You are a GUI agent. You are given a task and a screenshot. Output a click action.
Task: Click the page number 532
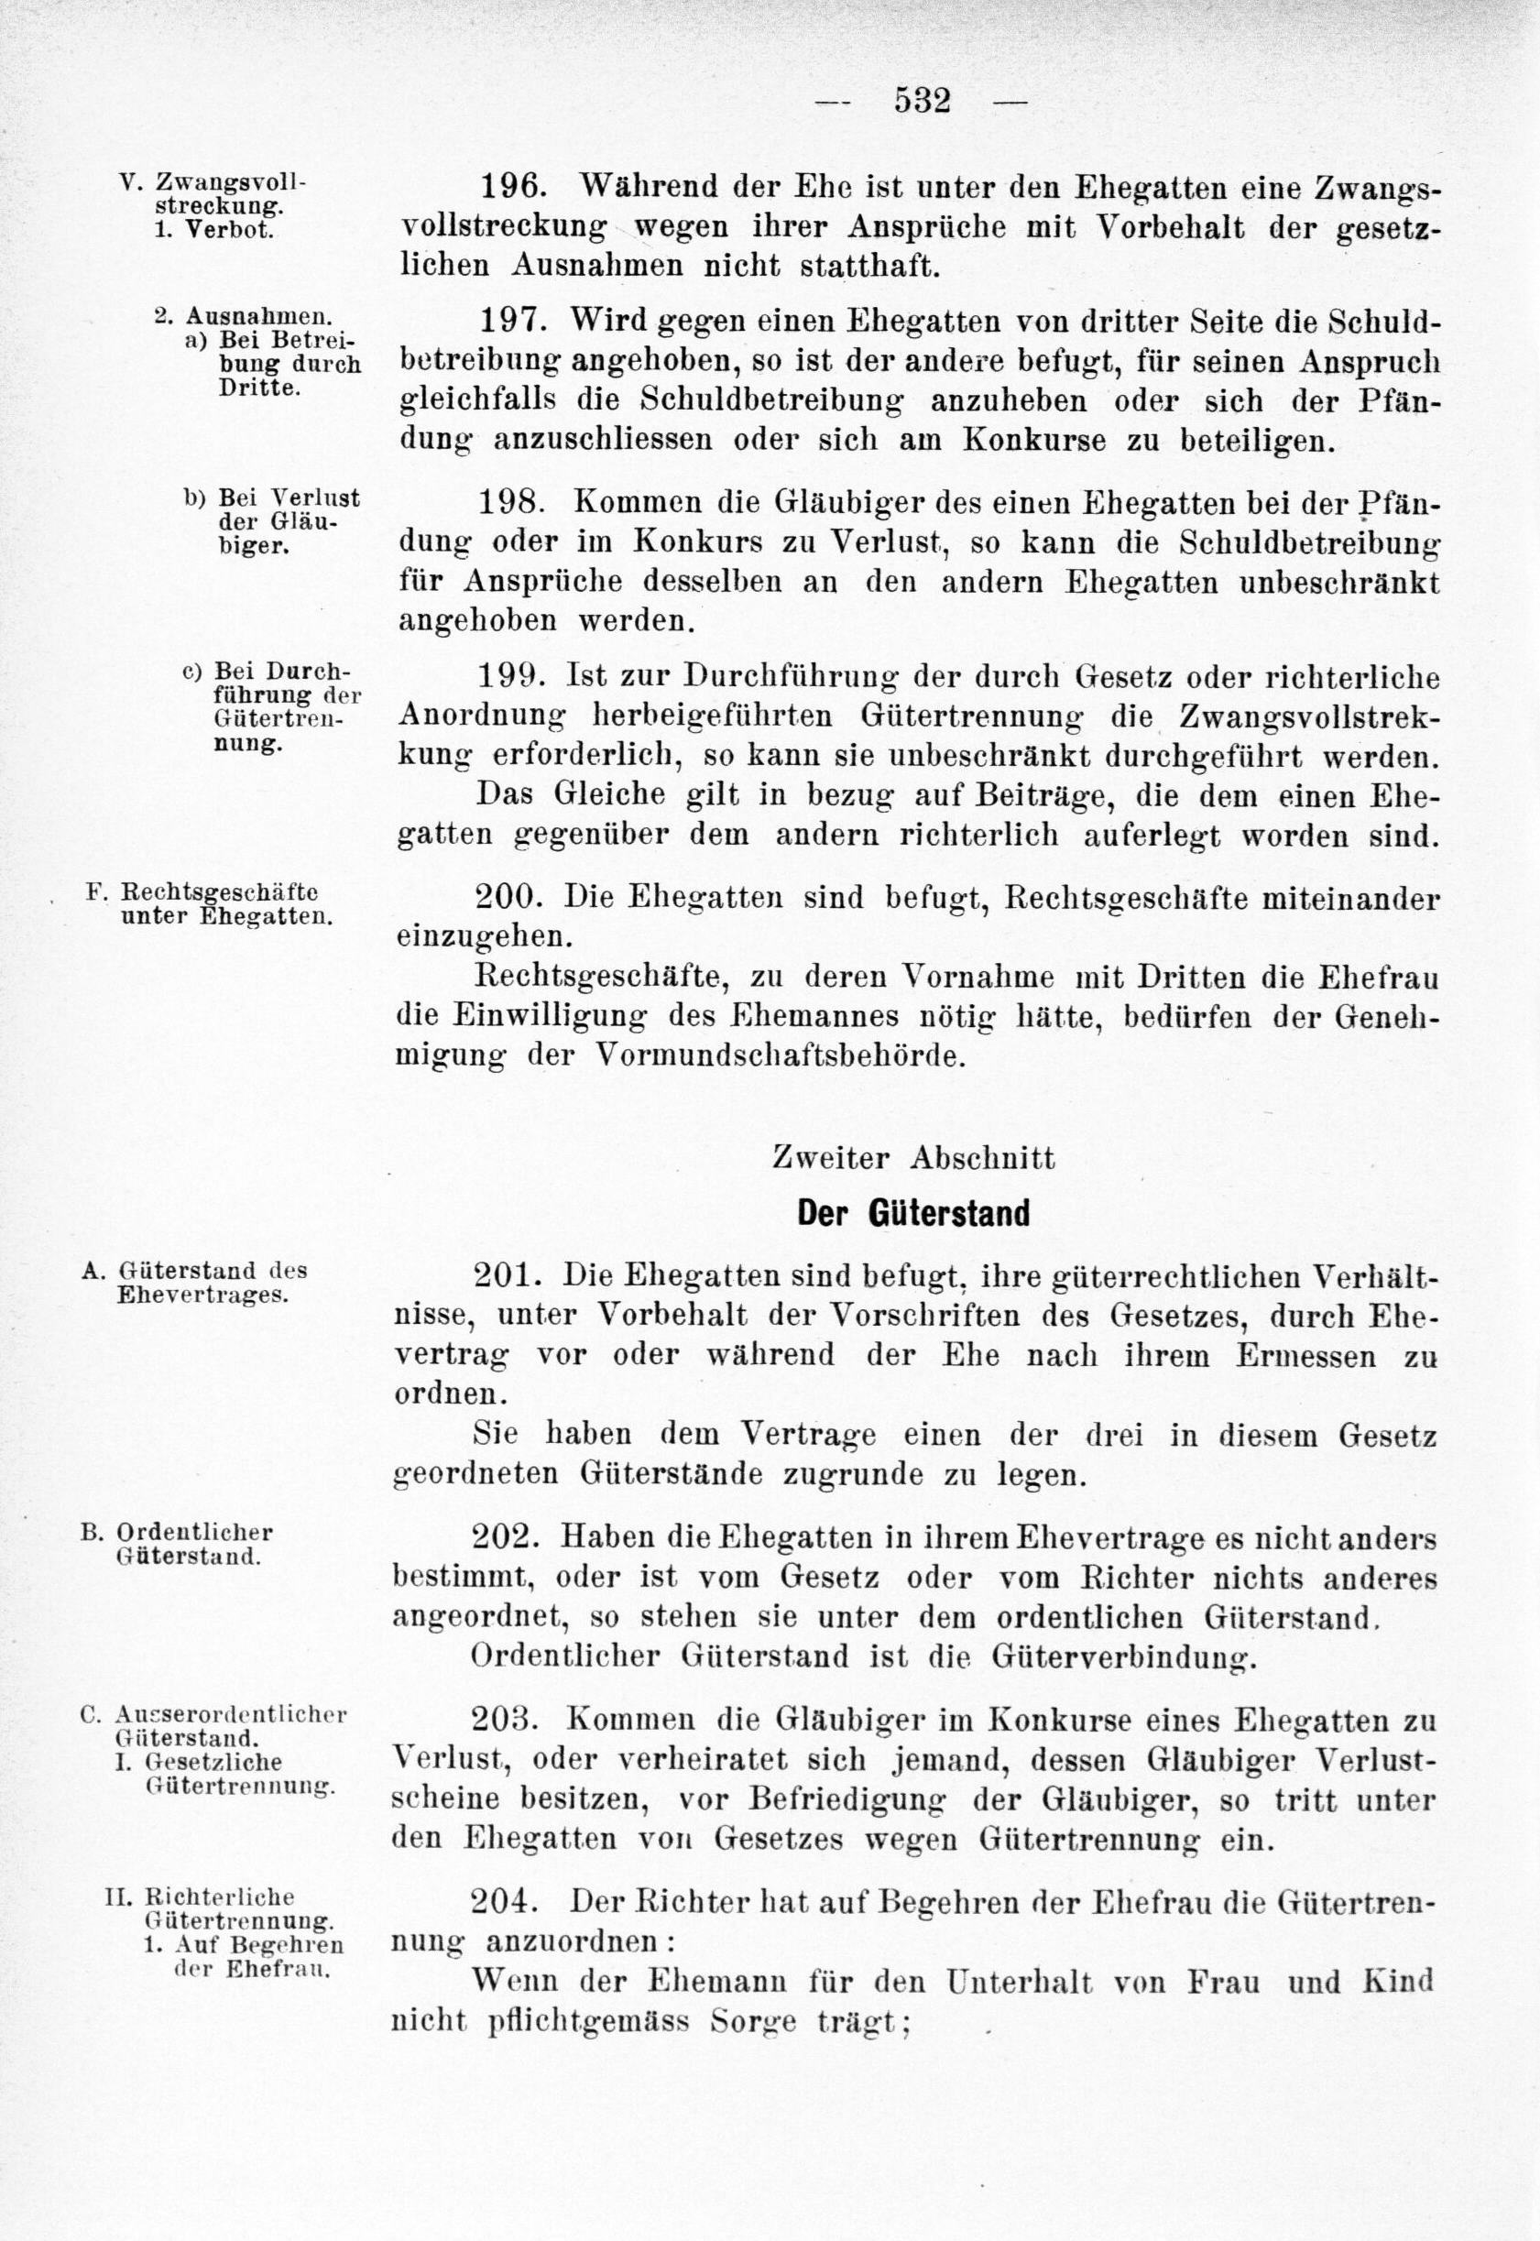pyautogui.click(x=923, y=101)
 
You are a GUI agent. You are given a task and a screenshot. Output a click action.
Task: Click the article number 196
pyautogui.click(x=516, y=187)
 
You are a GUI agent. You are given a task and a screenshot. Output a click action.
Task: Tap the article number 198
pyautogui.click(x=514, y=503)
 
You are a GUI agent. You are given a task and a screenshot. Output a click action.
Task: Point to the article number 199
pyautogui.click(x=512, y=675)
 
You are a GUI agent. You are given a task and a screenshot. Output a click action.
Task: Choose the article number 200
pyautogui.click(x=512, y=897)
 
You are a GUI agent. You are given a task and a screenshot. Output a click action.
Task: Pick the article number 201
pyautogui.click(x=510, y=1275)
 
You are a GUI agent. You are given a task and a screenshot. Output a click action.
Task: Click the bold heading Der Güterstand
pyautogui.click(x=912, y=1213)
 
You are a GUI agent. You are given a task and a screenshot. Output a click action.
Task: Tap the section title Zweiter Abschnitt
pyautogui.click(x=912, y=1158)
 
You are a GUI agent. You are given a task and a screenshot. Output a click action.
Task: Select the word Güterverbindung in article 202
pyautogui.click(x=1124, y=1657)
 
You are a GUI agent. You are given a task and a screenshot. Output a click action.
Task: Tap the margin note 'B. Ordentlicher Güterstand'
pyautogui.click(x=183, y=1544)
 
